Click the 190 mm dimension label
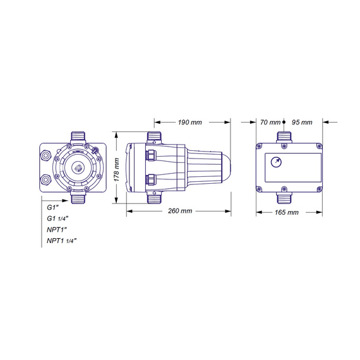190,122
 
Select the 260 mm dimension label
180,211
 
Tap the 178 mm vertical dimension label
117,170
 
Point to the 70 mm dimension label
270,122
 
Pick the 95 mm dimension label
302,122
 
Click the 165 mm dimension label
287,212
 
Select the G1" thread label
53,207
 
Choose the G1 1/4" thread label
57,219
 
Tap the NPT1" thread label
57,229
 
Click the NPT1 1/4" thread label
61,241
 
